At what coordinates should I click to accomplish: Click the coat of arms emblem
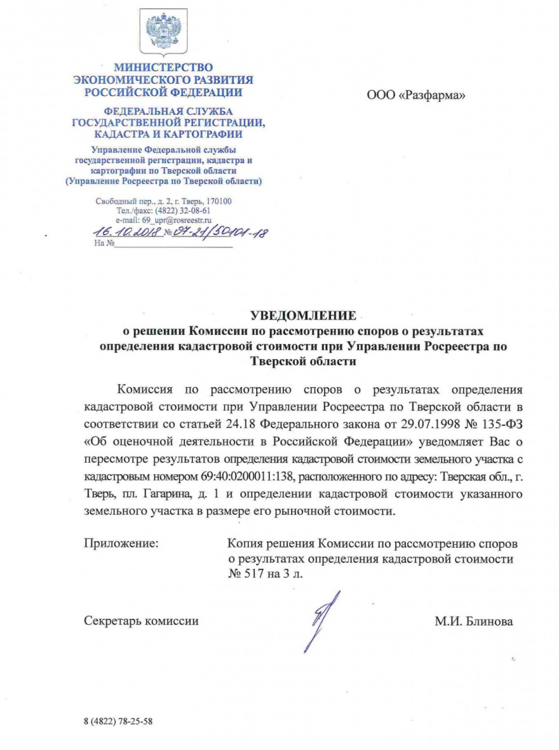coord(163,32)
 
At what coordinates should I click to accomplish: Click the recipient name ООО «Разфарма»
coord(416,96)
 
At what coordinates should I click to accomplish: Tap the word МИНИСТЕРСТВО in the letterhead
coord(163,67)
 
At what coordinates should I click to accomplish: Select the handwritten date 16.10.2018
coord(126,233)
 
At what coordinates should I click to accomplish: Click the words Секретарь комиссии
coord(141,621)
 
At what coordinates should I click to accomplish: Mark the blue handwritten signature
coord(320,620)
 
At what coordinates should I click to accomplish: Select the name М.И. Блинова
coord(474,621)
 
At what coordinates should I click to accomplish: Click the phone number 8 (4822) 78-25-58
coord(118,722)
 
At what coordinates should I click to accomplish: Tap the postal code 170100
coord(219,201)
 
